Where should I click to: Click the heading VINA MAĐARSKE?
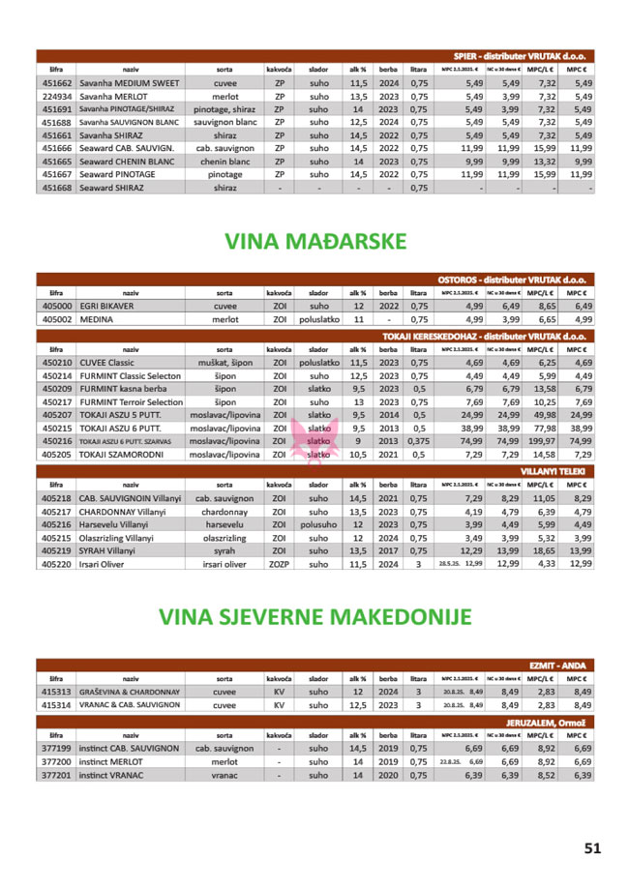point(315,241)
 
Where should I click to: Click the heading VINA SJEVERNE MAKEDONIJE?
point(315,616)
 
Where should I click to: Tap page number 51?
point(592,848)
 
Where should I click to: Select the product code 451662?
point(56,84)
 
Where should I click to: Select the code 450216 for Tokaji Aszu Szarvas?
point(56,440)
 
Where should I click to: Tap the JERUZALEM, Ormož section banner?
point(550,722)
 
